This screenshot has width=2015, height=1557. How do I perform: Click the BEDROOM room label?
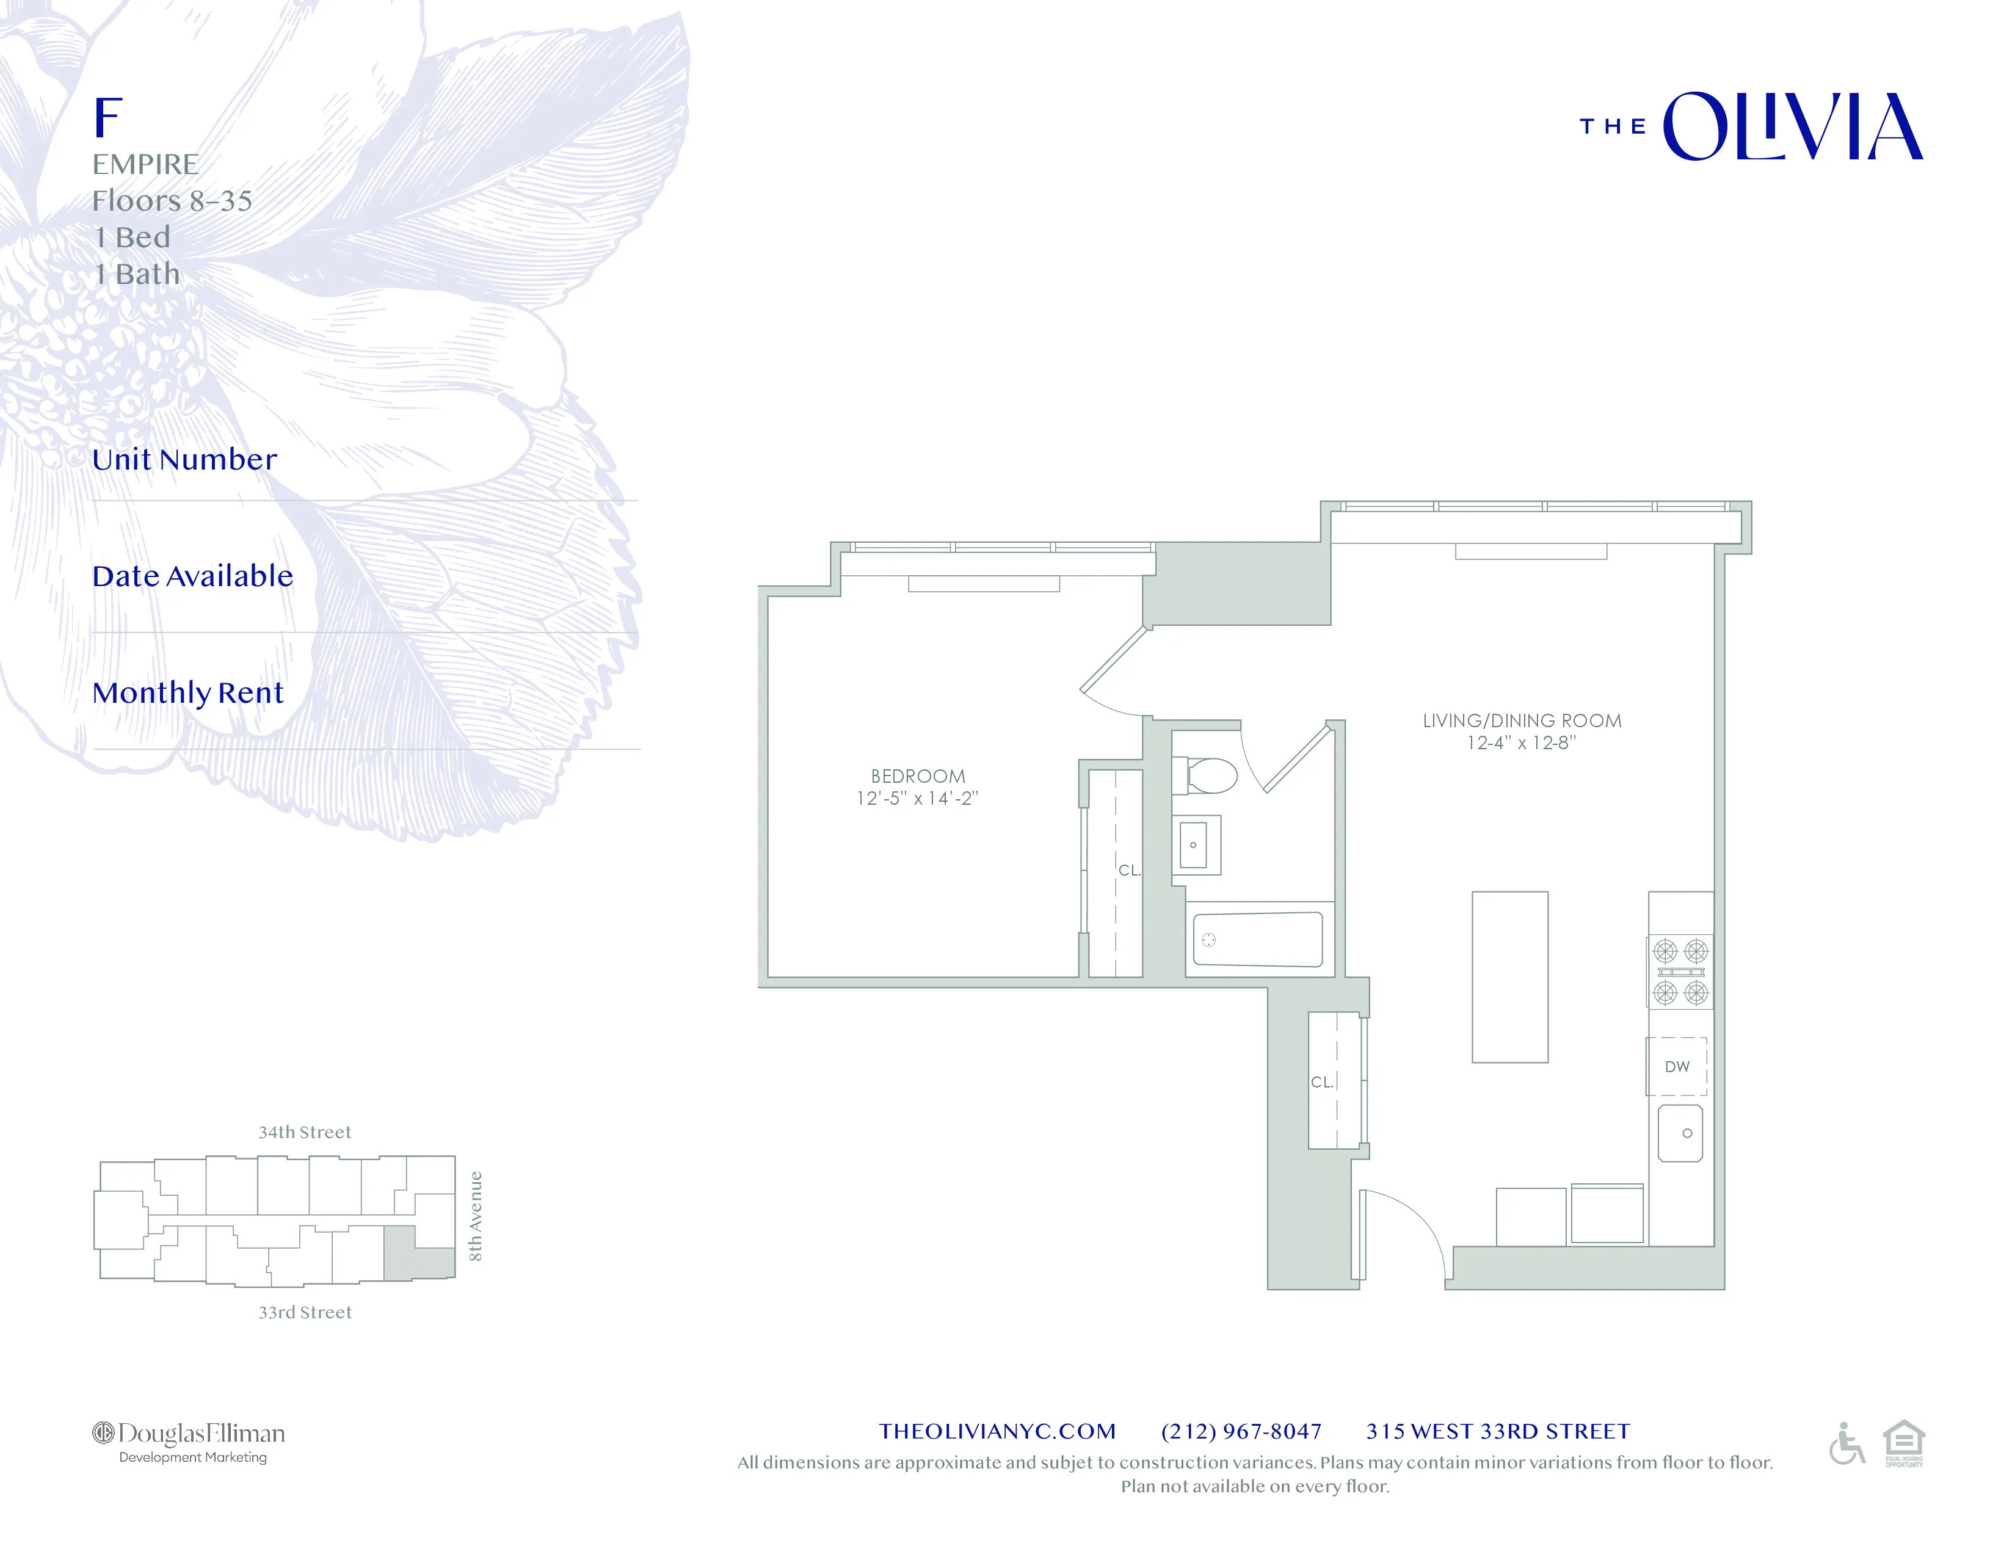tap(917, 777)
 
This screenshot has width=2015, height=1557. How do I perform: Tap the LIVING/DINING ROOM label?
tap(1522, 721)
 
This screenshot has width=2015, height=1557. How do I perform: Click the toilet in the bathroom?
tap(1205, 775)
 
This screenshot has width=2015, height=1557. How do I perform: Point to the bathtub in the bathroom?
tap(1257, 939)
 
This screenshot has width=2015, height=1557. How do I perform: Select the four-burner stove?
tap(1680, 972)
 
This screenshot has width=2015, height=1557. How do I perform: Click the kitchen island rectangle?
tap(1509, 977)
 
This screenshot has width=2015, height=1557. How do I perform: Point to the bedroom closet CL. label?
tap(1129, 870)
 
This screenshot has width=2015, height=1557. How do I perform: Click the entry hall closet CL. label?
tap(1322, 1082)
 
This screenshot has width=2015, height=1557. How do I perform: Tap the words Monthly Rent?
tap(188, 693)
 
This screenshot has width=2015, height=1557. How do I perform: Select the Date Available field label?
tap(193, 576)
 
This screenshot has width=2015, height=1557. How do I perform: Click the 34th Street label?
tap(305, 1133)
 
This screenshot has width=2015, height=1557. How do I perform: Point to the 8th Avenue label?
tap(475, 1216)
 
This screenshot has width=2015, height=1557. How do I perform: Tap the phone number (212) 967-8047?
tap(1241, 1432)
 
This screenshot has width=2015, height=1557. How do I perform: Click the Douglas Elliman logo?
tap(189, 1442)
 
